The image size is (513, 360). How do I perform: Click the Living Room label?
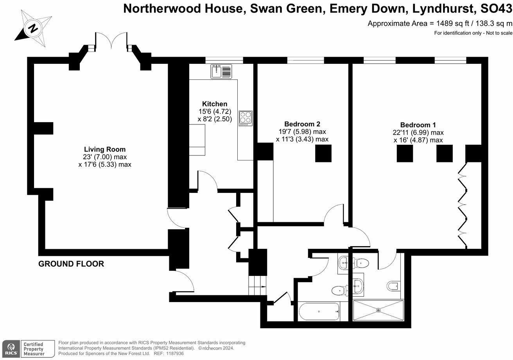pyautogui.click(x=105, y=149)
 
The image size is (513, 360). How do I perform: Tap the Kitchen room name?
pyautogui.click(x=214, y=104)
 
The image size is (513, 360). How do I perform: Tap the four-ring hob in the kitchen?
pyautogui.click(x=246, y=117)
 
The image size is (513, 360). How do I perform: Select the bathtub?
pyautogui.click(x=319, y=311)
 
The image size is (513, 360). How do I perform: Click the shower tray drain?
pyautogui.click(x=378, y=310)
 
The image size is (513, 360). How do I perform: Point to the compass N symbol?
pyautogui.click(x=33, y=28)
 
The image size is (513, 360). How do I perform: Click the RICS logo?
pyautogui.click(x=11, y=348)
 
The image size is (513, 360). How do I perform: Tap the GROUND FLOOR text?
pyautogui.click(x=71, y=264)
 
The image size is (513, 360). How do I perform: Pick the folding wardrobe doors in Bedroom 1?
pyautogui.click(x=463, y=205)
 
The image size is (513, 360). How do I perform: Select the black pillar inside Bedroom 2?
pyautogui.click(x=323, y=153)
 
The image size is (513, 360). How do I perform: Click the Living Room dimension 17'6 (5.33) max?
pyautogui.click(x=105, y=164)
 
